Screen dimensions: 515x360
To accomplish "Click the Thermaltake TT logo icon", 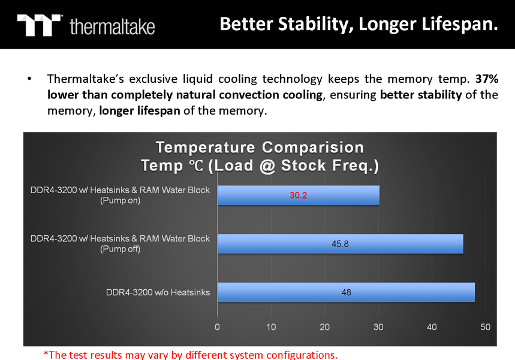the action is coord(39,25).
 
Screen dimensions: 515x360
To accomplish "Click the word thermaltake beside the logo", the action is coord(112,26).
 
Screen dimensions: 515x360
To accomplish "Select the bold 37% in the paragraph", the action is coord(487,79).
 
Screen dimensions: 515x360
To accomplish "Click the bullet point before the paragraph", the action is coord(29,79).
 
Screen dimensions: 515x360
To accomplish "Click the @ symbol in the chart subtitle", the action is coord(267,166).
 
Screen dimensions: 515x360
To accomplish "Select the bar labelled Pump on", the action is coord(299,195).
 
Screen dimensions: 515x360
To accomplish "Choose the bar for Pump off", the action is coord(341,244).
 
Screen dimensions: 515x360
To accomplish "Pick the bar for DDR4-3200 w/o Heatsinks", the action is coord(346,292).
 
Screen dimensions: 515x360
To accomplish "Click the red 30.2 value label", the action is coord(298,195).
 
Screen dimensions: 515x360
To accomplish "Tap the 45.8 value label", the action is coord(340,244).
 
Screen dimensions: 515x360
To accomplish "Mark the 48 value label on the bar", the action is coord(346,292).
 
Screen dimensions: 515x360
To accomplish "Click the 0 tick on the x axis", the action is coord(217,327).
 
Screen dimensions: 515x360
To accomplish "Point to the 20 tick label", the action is coord(324,327).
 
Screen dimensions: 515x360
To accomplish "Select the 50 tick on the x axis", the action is coord(485,327).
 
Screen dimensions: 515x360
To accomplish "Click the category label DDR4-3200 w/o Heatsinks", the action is coord(158,292).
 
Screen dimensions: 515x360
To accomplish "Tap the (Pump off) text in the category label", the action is coord(121,249).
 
